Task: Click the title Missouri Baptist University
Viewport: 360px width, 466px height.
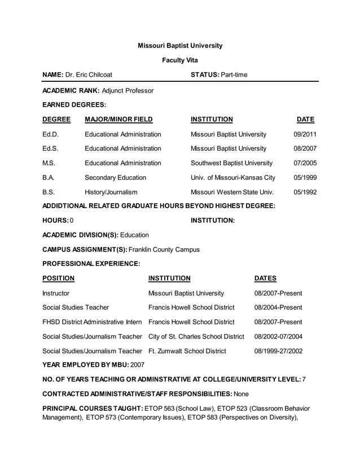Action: pyautogui.click(x=180, y=46)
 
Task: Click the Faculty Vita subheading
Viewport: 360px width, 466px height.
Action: pyautogui.click(x=180, y=60)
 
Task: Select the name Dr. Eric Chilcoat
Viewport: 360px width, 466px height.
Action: pyautogui.click(x=89, y=75)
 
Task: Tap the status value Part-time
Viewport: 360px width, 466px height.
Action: pyautogui.click(x=234, y=75)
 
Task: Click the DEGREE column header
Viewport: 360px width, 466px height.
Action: pyautogui.click(x=56, y=120)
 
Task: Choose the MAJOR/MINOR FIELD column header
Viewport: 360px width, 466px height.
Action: pyautogui.click(x=118, y=120)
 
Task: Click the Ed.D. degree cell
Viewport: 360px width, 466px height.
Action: pyautogui.click(x=50, y=134)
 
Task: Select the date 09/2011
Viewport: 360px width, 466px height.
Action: pyautogui.click(x=305, y=134)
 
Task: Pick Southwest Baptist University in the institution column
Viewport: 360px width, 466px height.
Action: pyautogui.click(x=231, y=163)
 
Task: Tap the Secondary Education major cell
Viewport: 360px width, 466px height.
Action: pyautogui.click(x=115, y=178)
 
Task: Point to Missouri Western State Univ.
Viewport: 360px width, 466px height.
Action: pyautogui.click(x=232, y=192)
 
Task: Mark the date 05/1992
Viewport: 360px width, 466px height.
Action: pyautogui.click(x=305, y=192)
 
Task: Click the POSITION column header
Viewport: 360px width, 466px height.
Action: pyautogui.click(x=58, y=278)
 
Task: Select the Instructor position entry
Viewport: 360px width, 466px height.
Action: pyautogui.click(x=56, y=293)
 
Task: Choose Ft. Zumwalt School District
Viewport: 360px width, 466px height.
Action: pyautogui.click(x=187, y=351)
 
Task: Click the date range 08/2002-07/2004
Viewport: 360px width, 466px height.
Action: pyautogui.click(x=279, y=337)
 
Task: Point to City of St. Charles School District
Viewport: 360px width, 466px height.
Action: pyautogui.click(x=196, y=337)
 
